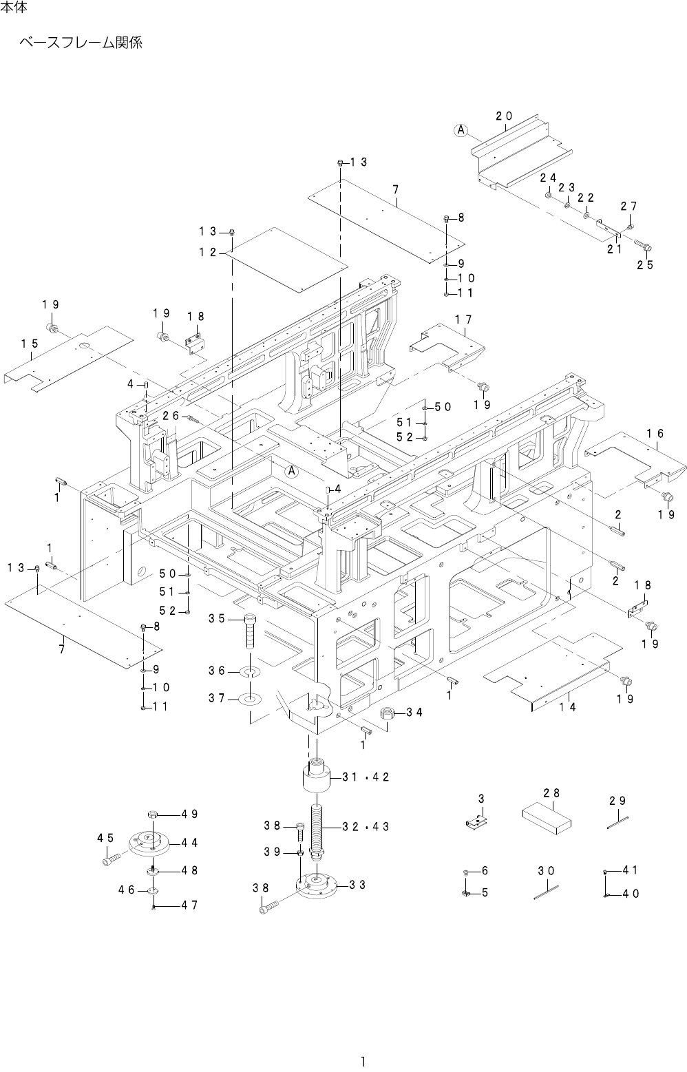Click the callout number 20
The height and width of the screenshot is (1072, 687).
click(504, 116)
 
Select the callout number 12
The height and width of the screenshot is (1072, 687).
click(208, 252)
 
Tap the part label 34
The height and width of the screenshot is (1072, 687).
click(414, 712)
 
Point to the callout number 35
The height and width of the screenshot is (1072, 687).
click(218, 618)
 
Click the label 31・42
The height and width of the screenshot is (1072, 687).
click(366, 777)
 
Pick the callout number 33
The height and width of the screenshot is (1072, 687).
click(357, 884)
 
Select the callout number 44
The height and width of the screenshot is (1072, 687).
click(190, 842)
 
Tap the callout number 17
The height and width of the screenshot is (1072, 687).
click(463, 319)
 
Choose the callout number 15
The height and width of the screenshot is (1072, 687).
click(29, 343)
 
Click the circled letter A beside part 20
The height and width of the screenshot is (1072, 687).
click(461, 129)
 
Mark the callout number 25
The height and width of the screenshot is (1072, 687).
click(644, 264)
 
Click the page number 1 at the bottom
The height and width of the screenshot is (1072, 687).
click(362, 1060)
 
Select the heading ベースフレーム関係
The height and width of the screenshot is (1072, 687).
click(81, 43)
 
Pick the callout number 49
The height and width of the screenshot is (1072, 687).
click(190, 813)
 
